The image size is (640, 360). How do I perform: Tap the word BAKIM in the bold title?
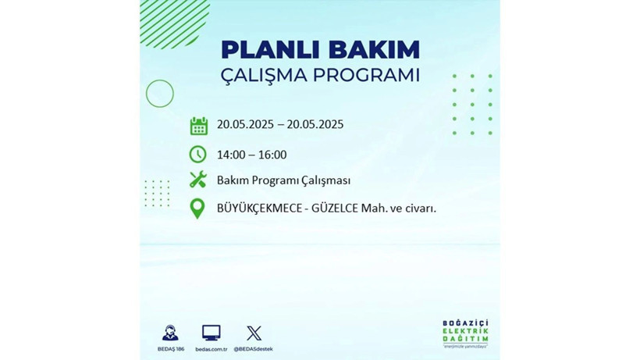(x=373, y=49)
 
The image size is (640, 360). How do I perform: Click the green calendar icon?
(x=198, y=126)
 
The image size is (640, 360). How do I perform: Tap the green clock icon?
(x=198, y=155)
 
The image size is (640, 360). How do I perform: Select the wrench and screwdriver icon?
(x=198, y=180)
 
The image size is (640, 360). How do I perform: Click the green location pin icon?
(x=198, y=209)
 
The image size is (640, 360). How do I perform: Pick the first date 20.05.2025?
(x=246, y=124)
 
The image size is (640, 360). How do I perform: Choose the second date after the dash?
(x=315, y=124)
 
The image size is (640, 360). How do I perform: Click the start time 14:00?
(x=231, y=155)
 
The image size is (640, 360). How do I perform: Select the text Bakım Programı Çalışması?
(x=283, y=180)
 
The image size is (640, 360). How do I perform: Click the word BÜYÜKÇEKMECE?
(x=260, y=208)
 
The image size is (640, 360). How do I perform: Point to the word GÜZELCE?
(x=336, y=208)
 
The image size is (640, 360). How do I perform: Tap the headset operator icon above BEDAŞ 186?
(x=169, y=332)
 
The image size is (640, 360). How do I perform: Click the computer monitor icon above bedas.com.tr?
(x=211, y=333)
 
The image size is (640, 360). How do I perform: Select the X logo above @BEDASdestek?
(x=254, y=333)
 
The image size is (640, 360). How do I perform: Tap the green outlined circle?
(x=160, y=94)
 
